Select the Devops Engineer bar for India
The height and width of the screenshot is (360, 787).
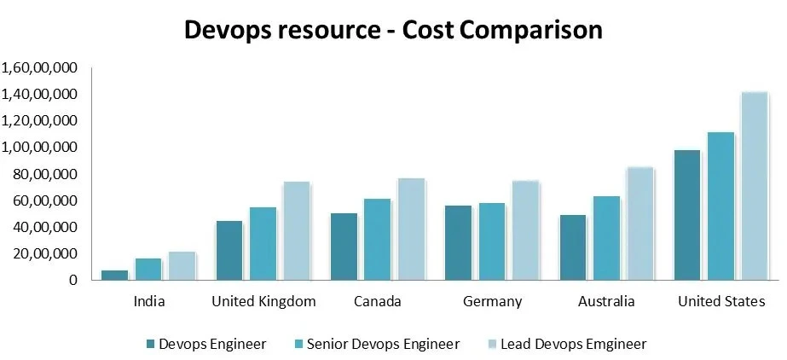pyautogui.click(x=115, y=275)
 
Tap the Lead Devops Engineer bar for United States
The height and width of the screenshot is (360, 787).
pyautogui.click(x=754, y=185)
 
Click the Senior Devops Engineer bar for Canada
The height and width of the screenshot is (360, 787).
pyautogui.click(x=378, y=239)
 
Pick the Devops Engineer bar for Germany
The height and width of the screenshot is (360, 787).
pyautogui.click(x=459, y=242)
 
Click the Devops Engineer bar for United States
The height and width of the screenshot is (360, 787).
pyautogui.click(x=687, y=215)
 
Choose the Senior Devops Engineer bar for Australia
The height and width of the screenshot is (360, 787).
pyautogui.click(x=606, y=238)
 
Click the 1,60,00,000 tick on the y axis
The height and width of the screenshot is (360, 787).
pyautogui.click(x=40, y=67)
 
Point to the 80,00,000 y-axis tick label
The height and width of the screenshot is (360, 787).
pyautogui.click(x=45, y=174)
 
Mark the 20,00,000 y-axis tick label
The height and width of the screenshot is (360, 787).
pyautogui.click(x=45, y=253)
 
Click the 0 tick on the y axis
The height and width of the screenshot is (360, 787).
pyautogui.click(x=74, y=280)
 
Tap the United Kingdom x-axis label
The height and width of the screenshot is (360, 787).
pyautogui.click(x=263, y=301)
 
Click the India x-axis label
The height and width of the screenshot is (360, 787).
pyautogui.click(x=149, y=301)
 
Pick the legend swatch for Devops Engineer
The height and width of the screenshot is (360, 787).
pyautogui.click(x=151, y=345)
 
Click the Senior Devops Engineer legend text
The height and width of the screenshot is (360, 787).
pyautogui.click(x=383, y=344)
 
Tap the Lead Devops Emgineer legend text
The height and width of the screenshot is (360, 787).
pyautogui.click(x=573, y=344)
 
